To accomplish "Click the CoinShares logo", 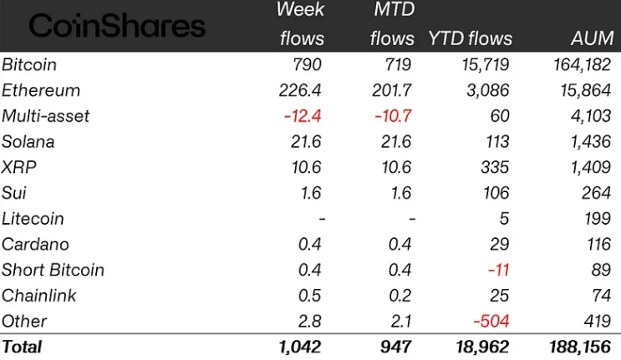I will point(117,26).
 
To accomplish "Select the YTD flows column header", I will point(470,38).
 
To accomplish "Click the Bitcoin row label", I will point(29,64).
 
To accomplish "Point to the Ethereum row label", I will point(41,90).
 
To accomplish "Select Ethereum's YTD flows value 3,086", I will point(488,90).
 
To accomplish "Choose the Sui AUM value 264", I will point(597,193).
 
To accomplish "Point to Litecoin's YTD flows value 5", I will point(503,219).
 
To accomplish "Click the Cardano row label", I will point(35,245).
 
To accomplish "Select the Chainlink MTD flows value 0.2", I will point(402,296).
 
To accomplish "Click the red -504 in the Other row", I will point(491,322).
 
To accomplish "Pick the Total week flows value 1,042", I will point(298,345).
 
